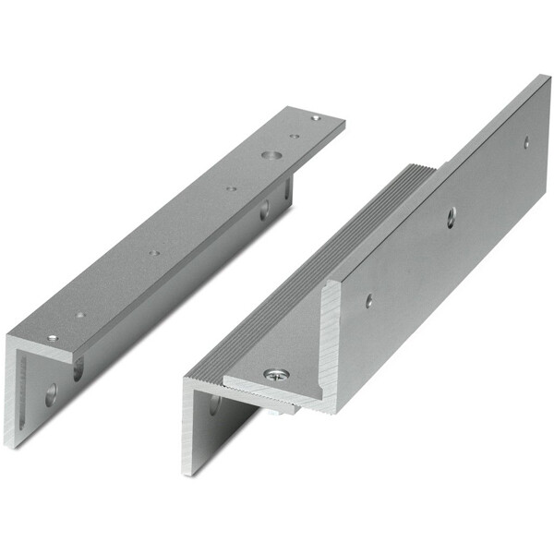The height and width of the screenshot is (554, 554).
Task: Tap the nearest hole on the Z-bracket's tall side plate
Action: [368, 300]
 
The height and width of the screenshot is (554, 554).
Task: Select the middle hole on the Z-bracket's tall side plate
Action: [451, 215]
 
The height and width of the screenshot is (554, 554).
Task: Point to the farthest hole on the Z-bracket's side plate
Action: [526, 142]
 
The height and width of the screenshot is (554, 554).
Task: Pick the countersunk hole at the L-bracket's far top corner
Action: [316, 118]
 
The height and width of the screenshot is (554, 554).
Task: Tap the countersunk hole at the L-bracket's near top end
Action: [53, 338]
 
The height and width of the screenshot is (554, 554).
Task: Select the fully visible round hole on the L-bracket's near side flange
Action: [50, 395]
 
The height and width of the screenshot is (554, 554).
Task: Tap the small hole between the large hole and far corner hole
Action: [294, 137]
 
